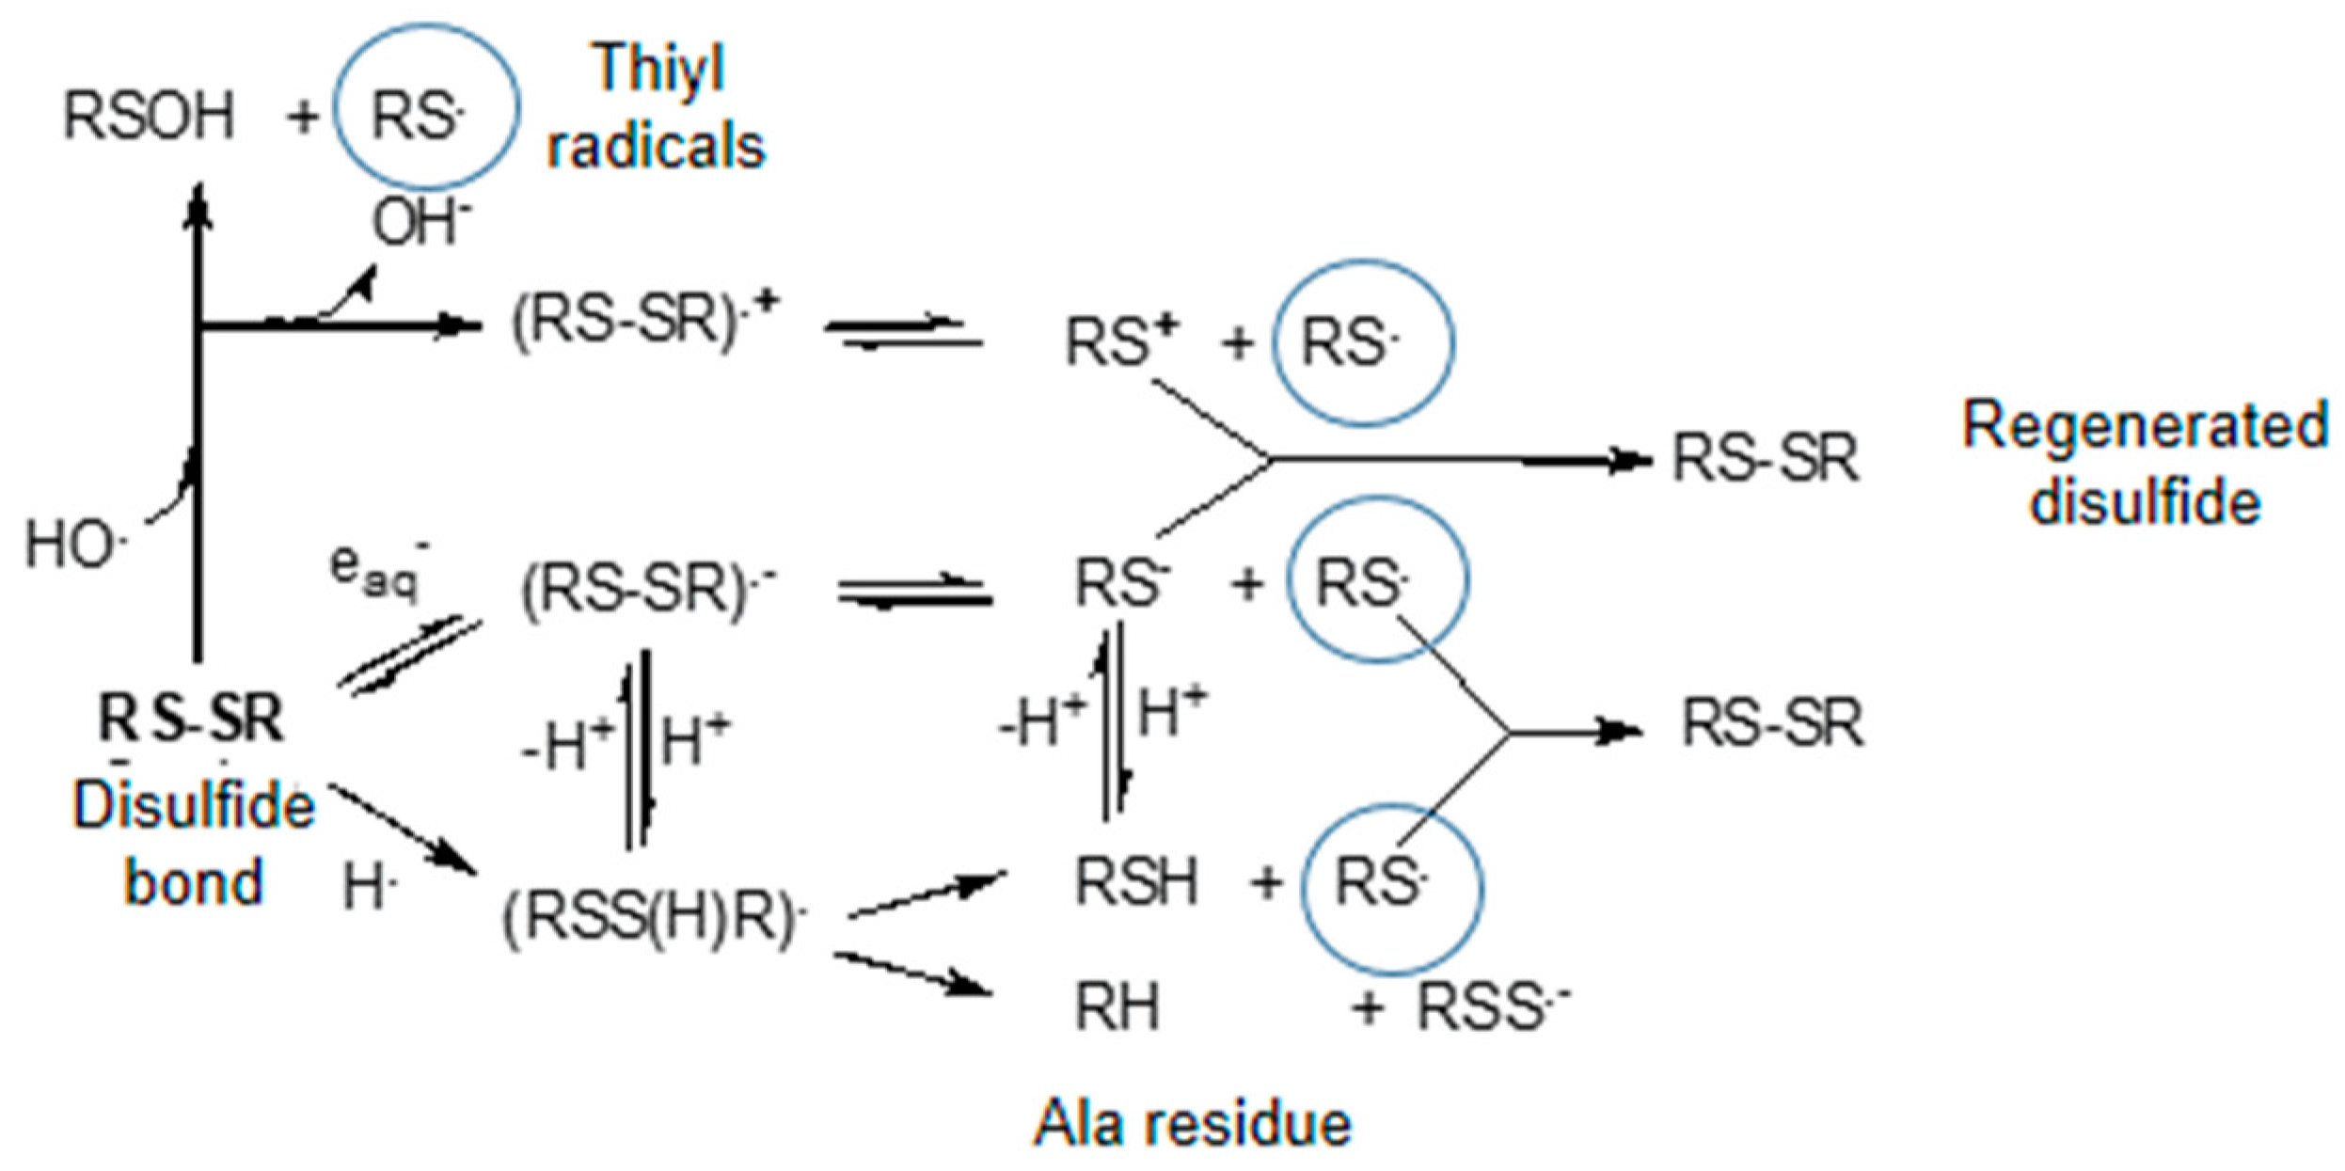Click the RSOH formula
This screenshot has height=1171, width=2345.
pyautogui.click(x=149, y=117)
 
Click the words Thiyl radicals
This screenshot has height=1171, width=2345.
pyautogui.click(x=657, y=107)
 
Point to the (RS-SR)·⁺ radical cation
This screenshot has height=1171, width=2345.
pyautogui.click(x=644, y=320)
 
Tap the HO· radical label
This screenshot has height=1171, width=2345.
pyautogui.click(x=75, y=545)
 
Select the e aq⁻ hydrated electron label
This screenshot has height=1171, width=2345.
pyautogui.click(x=376, y=570)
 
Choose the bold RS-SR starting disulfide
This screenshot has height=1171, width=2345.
pyautogui.click(x=191, y=719)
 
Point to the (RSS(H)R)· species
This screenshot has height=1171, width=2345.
pyautogui.click(x=654, y=917)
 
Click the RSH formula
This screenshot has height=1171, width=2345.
pyautogui.click(x=1135, y=882)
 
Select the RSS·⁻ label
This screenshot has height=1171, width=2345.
pyautogui.click(x=1491, y=1007)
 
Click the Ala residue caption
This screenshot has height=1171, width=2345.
pyautogui.click(x=1192, y=1123)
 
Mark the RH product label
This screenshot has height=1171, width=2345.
pyautogui.click(x=1117, y=1007)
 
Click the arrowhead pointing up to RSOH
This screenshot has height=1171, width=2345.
pyautogui.click(x=198, y=202)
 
